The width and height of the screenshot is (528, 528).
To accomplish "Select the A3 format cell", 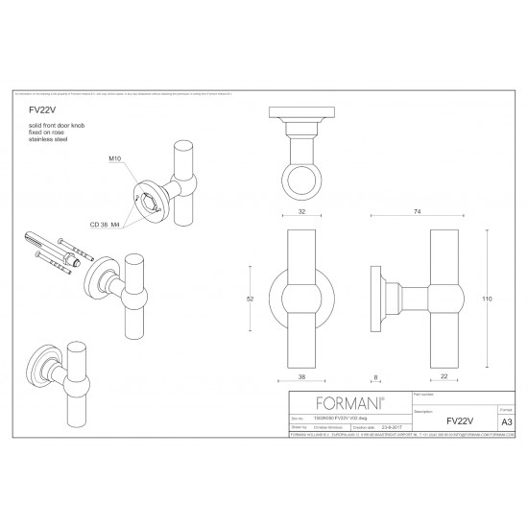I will point(507,420).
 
